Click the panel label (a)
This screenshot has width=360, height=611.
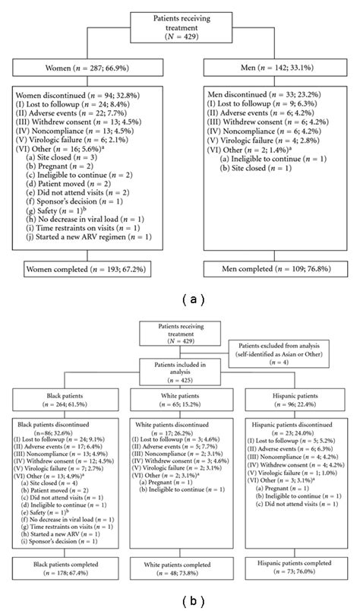(180, 299)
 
